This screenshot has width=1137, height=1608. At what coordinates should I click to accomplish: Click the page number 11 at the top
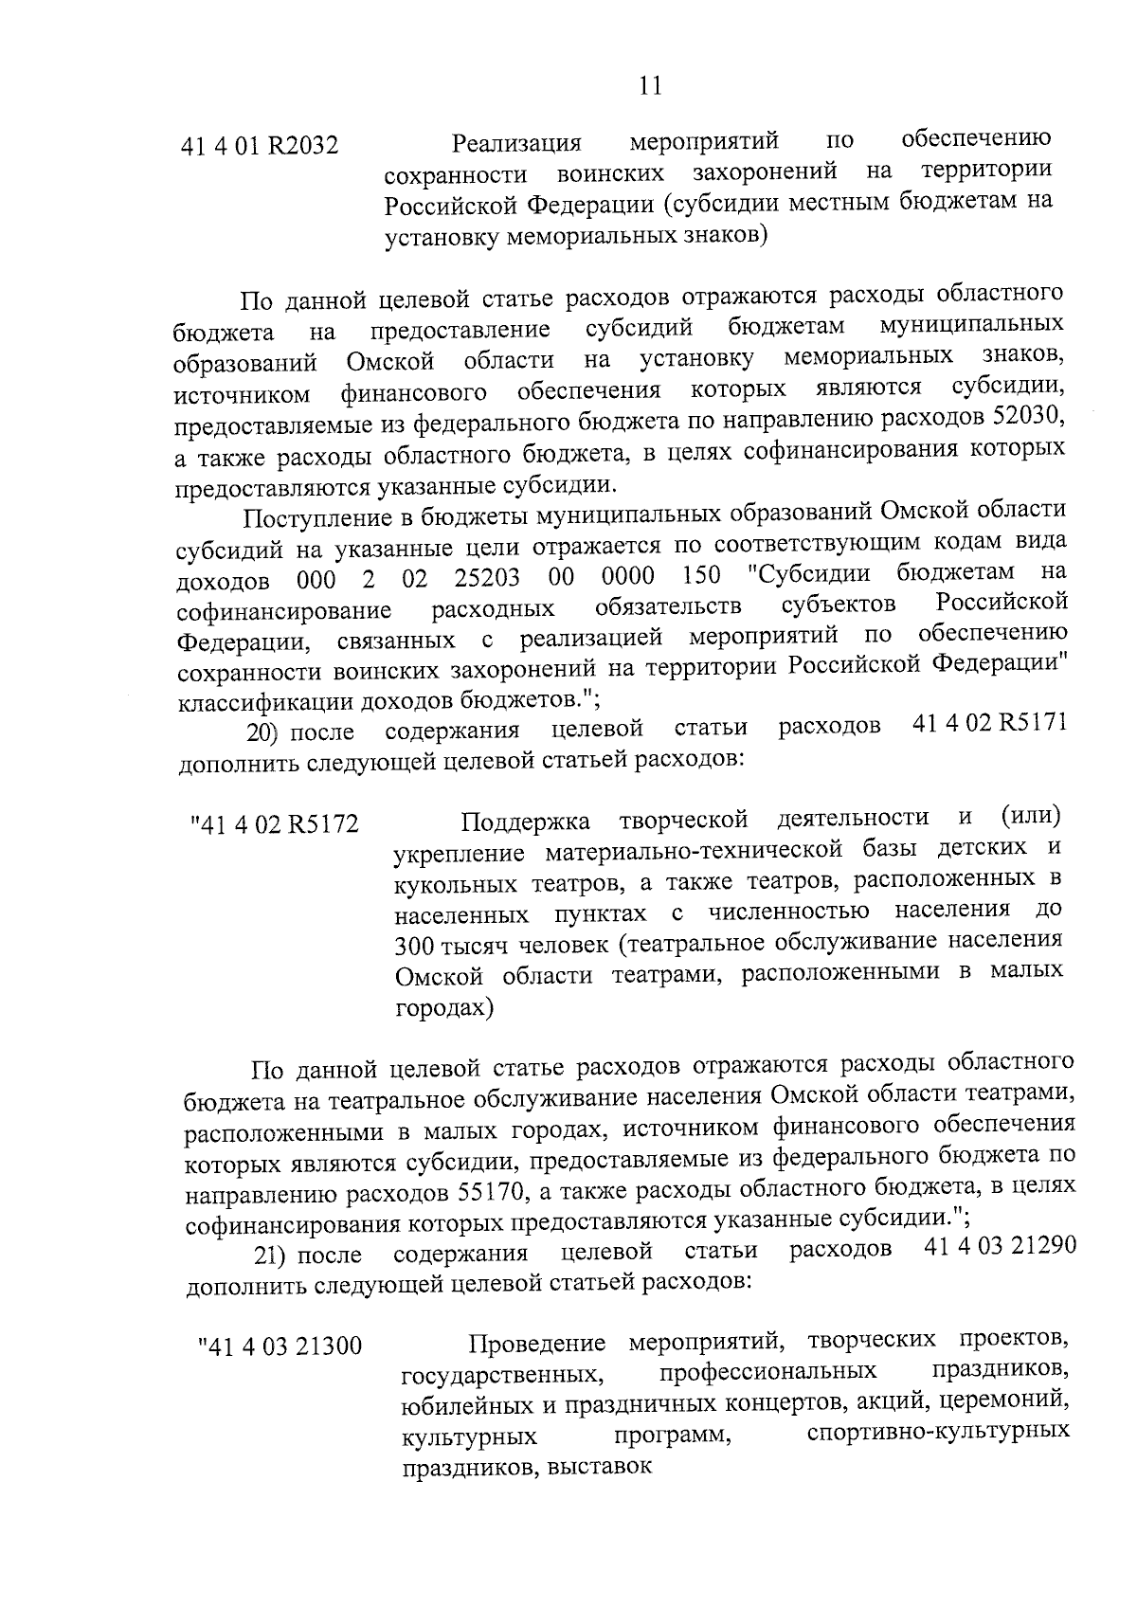pyautogui.click(x=650, y=86)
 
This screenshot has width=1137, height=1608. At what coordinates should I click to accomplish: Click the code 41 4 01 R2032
pyautogui.click(x=259, y=148)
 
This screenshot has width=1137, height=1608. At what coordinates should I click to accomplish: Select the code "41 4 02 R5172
pyautogui.click(x=275, y=824)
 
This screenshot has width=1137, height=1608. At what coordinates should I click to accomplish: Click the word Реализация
pyautogui.click(x=515, y=145)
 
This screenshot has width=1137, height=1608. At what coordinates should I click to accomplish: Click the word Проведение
pyautogui.click(x=537, y=1344)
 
